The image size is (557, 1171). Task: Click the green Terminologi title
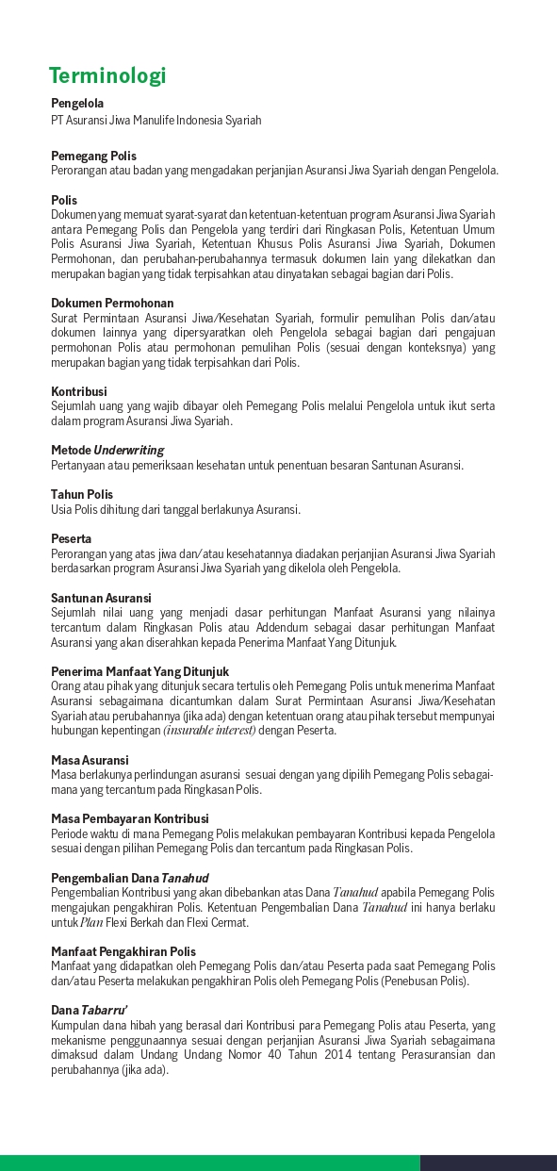pos(107,75)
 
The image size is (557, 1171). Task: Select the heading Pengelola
pos(77,104)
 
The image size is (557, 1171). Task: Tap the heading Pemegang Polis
pos(93,156)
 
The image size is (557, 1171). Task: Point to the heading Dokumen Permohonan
pos(112,304)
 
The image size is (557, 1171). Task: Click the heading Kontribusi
pos(79,391)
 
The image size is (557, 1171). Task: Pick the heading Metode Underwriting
pos(107,451)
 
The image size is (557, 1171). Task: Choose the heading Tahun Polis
pos(82,494)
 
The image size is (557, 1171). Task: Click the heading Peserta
pos(71,538)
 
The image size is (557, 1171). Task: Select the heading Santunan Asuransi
pos(101,598)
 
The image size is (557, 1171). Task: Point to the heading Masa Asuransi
pos(90,760)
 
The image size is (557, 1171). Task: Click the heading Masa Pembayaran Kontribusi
pos(130,818)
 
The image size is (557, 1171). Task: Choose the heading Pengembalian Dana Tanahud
pos(129,878)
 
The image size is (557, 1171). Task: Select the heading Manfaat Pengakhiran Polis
pos(123,951)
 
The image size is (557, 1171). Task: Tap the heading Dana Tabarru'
pos(90,1011)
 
